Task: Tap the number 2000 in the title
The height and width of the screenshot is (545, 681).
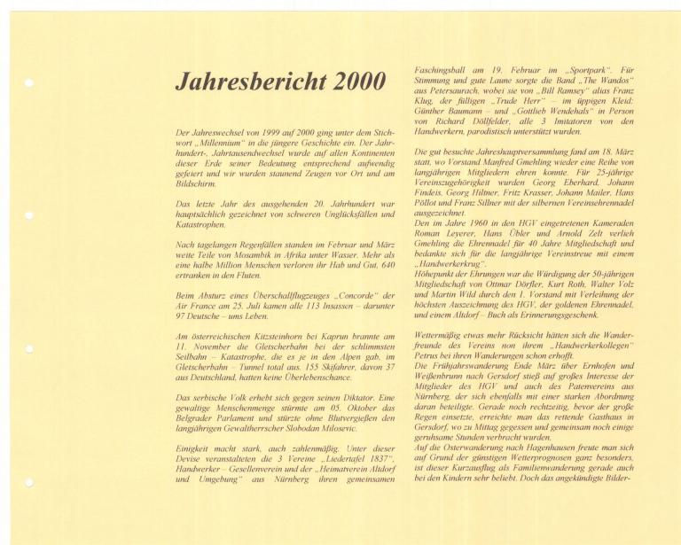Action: pyautogui.click(x=360, y=82)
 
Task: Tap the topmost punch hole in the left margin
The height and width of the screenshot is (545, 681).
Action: pyautogui.click(x=29, y=83)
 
